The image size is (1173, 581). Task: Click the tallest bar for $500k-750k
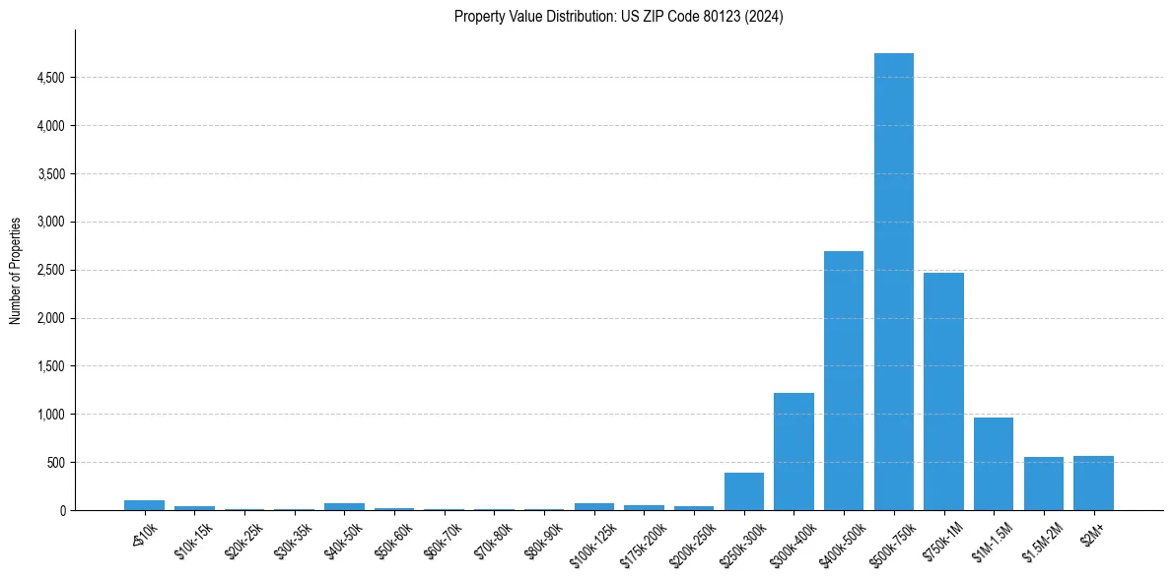click(893, 282)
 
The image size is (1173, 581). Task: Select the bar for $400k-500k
click(844, 381)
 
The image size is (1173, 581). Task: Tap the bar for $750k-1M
click(943, 392)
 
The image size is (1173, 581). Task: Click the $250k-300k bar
click(743, 491)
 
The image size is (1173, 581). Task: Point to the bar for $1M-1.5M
click(993, 464)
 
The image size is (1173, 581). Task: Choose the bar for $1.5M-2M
click(1043, 484)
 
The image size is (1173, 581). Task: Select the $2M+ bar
click(1093, 484)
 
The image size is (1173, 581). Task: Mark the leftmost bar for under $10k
click(144, 505)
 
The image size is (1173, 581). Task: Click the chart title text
click(618, 17)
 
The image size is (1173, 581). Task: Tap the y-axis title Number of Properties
click(16, 271)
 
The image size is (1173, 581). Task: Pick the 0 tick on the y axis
click(61, 511)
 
